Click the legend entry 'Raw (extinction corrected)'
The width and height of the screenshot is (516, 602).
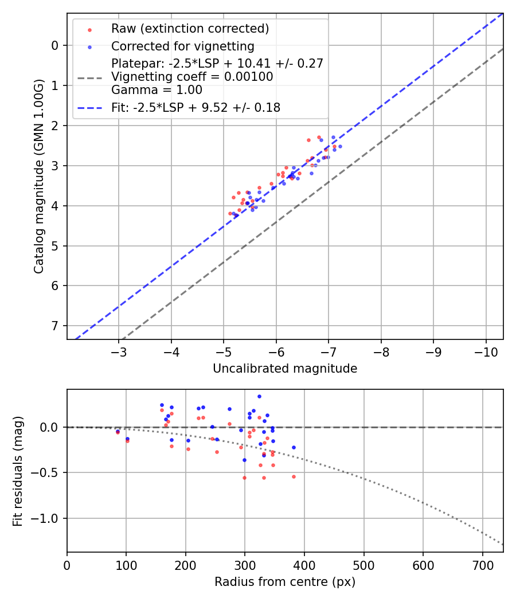click(190, 29)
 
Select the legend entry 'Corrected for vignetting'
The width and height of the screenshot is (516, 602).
click(182, 46)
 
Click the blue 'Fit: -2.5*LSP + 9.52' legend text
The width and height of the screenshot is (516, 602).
click(196, 107)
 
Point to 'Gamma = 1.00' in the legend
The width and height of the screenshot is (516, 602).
click(157, 90)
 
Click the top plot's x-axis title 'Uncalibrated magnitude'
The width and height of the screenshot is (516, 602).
click(285, 369)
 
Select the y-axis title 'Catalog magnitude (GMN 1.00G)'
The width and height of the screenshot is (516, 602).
click(38, 175)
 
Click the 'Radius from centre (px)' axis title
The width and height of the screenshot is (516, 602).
click(285, 582)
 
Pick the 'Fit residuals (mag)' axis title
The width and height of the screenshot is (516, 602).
click(18, 471)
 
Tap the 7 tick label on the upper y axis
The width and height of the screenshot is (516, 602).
click(55, 326)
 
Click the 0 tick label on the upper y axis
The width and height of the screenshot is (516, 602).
click(55, 45)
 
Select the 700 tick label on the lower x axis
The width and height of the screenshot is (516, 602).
click(482, 565)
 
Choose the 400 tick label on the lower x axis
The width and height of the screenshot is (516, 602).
click(304, 565)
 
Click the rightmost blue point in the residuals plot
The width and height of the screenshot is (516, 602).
click(294, 447)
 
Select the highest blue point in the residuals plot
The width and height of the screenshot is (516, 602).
click(259, 396)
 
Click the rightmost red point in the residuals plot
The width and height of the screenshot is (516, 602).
click(294, 476)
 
